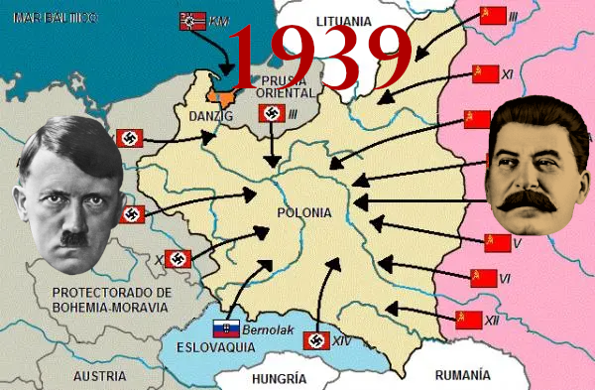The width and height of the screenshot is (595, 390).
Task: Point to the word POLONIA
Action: [304, 213]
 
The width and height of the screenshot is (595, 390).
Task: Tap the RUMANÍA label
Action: [462, 375]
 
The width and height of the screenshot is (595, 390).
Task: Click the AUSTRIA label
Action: [99, 376]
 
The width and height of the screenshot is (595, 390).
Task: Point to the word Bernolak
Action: [270, 328]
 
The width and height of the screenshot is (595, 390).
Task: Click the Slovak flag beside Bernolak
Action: [227, 328]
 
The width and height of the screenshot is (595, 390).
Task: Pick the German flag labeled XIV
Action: [316, 341]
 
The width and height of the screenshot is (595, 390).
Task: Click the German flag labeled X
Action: [178, 260]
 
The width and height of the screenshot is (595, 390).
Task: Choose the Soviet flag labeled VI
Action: [483, 280]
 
